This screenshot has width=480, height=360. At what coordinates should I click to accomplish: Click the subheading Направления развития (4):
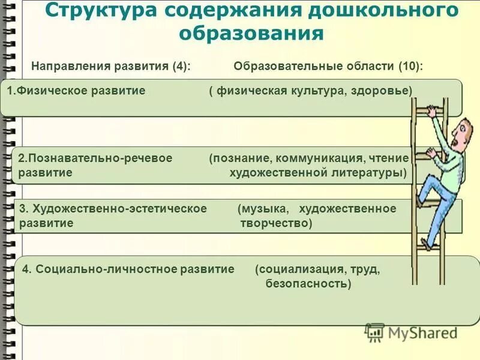click(x=111, y=66)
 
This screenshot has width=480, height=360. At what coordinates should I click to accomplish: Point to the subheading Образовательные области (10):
click(x=328, y=66)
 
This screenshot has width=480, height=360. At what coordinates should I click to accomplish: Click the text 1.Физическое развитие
click(x=76, y=91)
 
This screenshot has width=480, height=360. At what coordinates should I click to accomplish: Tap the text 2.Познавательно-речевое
click(x=95, y=158)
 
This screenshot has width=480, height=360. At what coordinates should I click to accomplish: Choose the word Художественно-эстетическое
click(x=120, y=209)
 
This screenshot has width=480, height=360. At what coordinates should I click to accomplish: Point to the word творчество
click(x=276, y=223)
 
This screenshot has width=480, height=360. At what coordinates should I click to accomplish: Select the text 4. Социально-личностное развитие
click(x=128, y=269)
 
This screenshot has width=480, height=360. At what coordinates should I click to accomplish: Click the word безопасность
click(x=308, y=283)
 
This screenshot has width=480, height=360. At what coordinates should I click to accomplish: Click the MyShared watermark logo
click(x=412, y=332)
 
